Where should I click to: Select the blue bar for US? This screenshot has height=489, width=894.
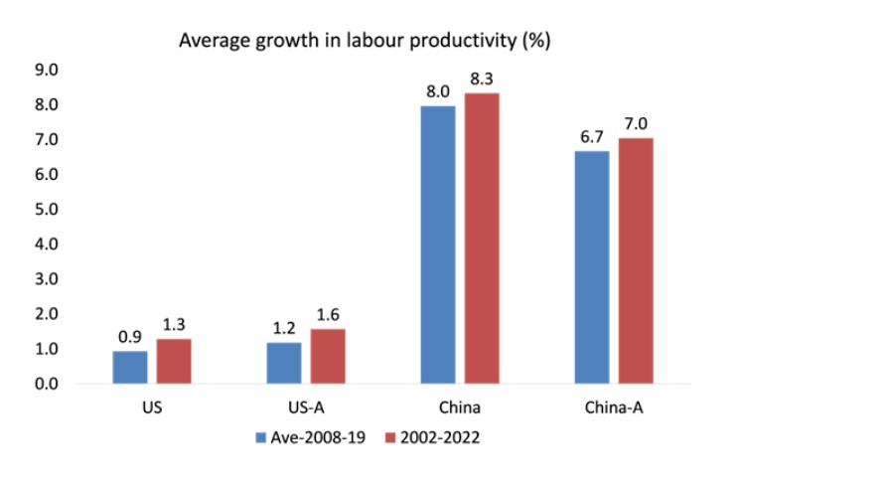tap(129, 367)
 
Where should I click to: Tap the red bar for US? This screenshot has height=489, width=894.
tap(173, 361)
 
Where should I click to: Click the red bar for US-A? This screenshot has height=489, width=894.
tap(328, 356)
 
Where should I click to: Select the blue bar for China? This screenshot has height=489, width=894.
tap(438, 244)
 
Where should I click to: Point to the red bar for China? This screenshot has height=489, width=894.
tap(482, 238)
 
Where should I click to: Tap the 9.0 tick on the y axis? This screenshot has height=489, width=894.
tap(48, 71)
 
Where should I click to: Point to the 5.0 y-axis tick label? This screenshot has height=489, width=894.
tap(48, 210)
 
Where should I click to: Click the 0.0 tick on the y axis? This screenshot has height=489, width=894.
tap(48, 384)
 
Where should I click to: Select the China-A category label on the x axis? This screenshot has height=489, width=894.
tap(614, 407)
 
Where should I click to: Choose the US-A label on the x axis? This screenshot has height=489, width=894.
tap(306, 407)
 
